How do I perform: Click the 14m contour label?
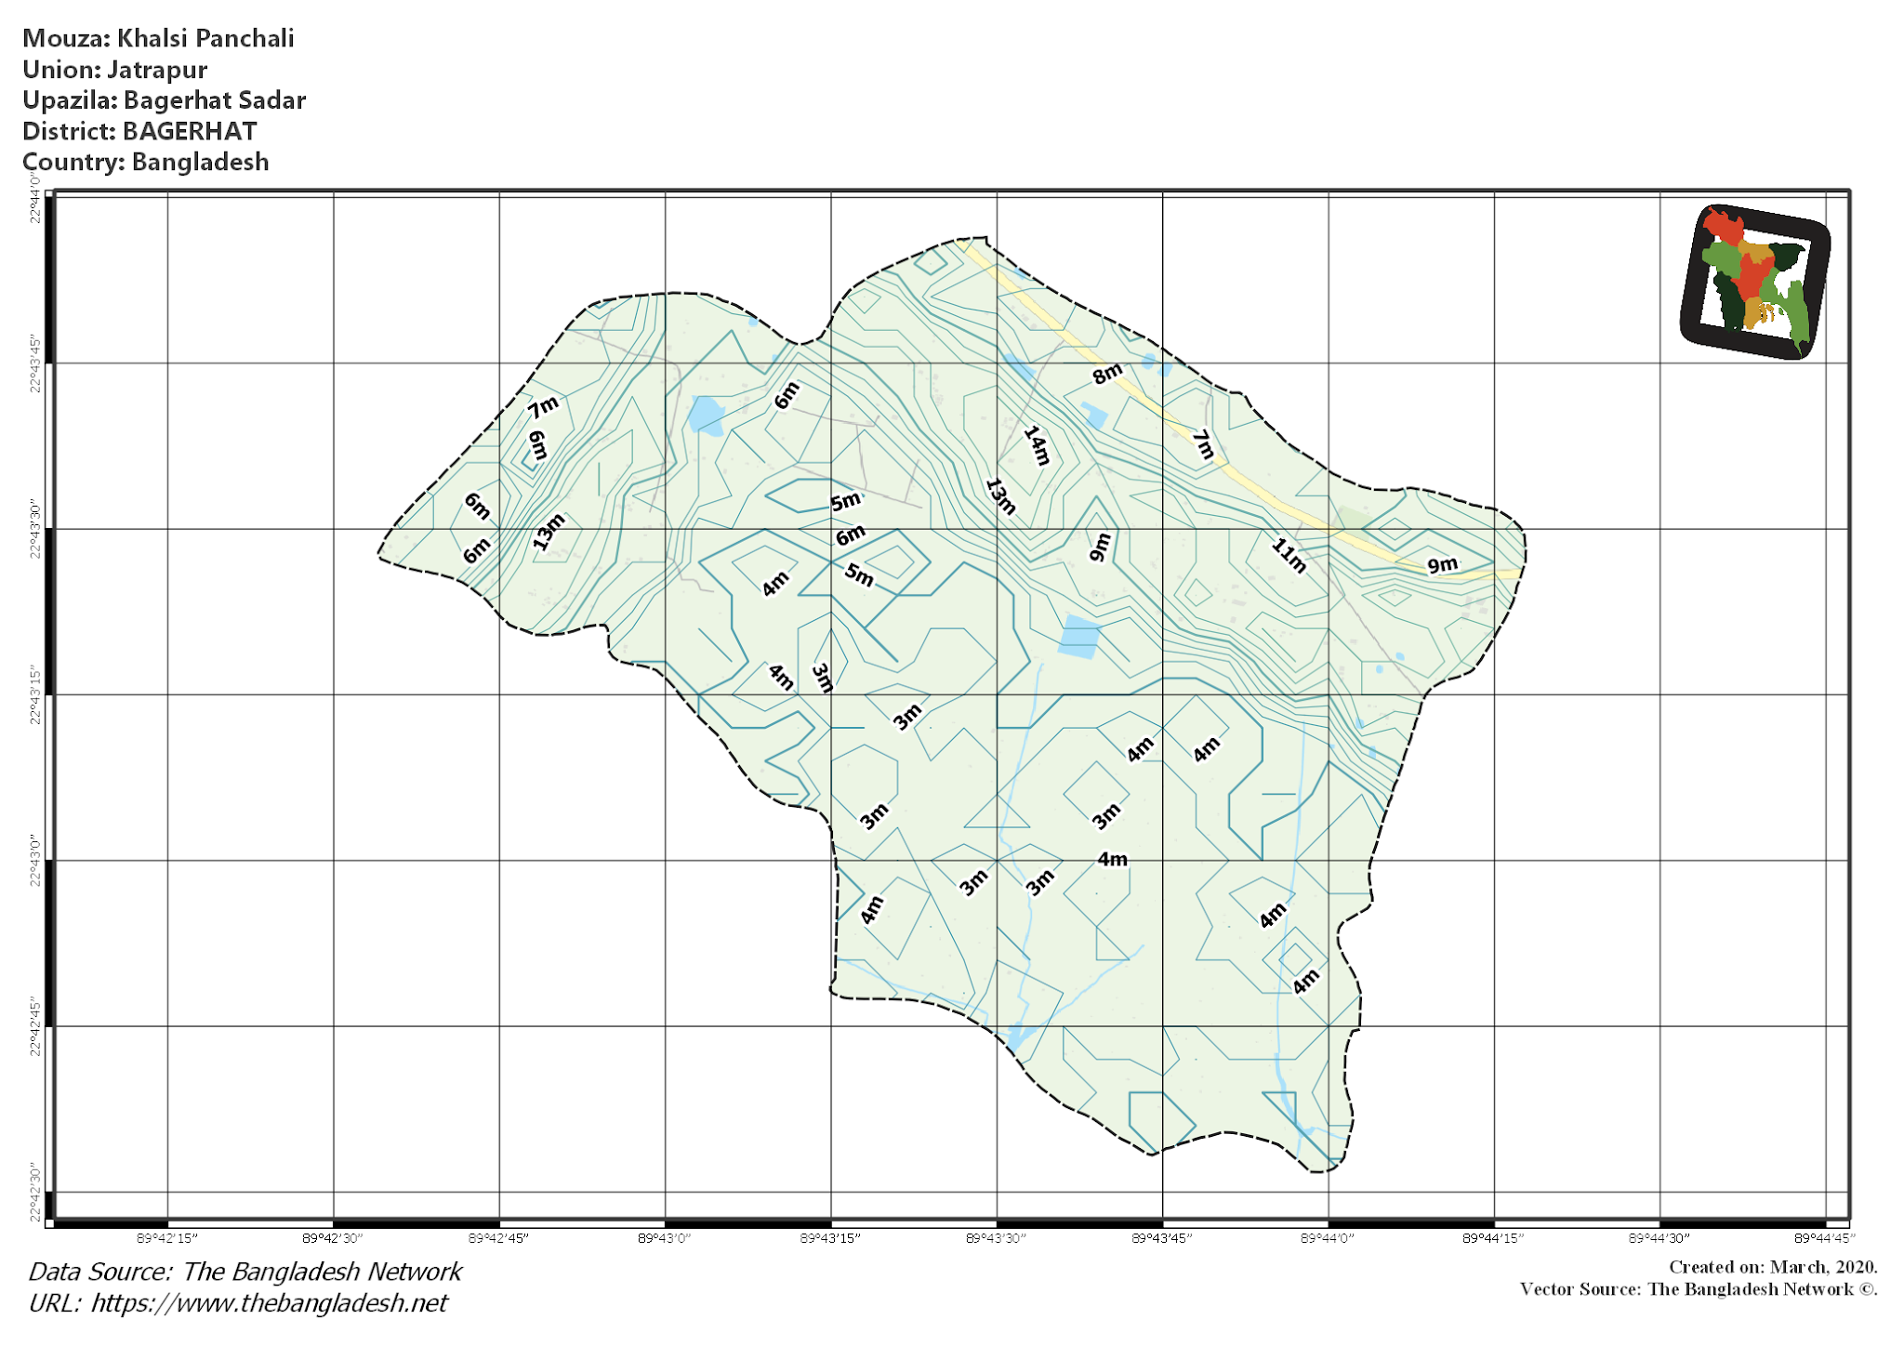tap(1037, 445)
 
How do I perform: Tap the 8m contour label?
tap(1106, 374)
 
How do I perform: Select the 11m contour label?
tap(1289, 555)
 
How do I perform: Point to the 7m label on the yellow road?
tap(1203, 444)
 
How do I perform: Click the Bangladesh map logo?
tap(1755, 281)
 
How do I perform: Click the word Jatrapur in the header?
tap(157, 70)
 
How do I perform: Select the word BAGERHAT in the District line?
tap(190, 131)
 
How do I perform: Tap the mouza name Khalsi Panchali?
tap(205, 38)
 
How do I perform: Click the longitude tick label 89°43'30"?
tap(996, 1238)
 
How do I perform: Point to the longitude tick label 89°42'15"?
tap(167, 1238)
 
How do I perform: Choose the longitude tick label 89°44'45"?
tap(1825, 1238)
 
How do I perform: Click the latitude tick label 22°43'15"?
tap(35, 694)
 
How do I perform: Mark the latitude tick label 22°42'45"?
tap(35, 1027)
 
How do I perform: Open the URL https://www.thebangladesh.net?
tap(269, 1303)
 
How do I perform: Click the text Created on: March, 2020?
tap(1773, 1267)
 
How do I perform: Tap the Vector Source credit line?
tap(1698, 1289)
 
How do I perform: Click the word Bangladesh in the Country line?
tap(200, 162)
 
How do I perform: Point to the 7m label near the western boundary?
tap(543, 406)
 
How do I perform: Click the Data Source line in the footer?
tap(245, 1272)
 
